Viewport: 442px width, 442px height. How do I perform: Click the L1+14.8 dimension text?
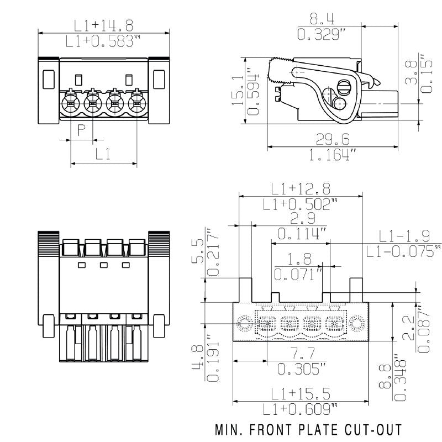point(104,25)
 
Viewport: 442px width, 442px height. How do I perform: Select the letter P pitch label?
point(81,130)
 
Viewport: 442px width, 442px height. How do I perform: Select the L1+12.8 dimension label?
point(301,188)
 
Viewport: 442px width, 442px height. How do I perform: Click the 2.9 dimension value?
point(301,218)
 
